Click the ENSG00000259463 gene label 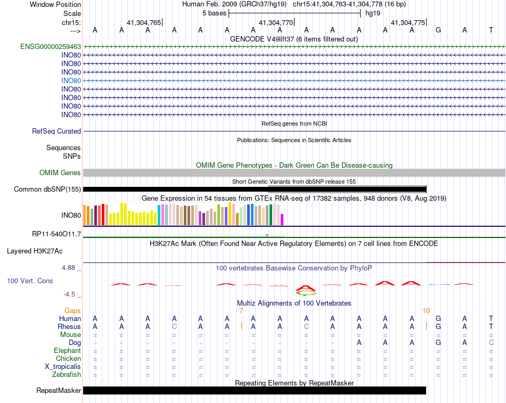coord(51,46)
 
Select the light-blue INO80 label coord(71,80)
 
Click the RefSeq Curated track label coord(56,131)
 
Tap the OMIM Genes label coord(60,172)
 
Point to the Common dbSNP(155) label coord(47,189)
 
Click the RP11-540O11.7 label coord(56,234)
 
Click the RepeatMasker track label coord(59,390)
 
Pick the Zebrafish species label coord(68,374)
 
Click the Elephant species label coord(68,350)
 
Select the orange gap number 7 coord(241,310)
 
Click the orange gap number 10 coord(426,310)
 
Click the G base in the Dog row coord(438,342)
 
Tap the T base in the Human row coord(491,318)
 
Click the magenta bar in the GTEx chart coord(282,219)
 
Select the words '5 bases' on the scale coord(214,13)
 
